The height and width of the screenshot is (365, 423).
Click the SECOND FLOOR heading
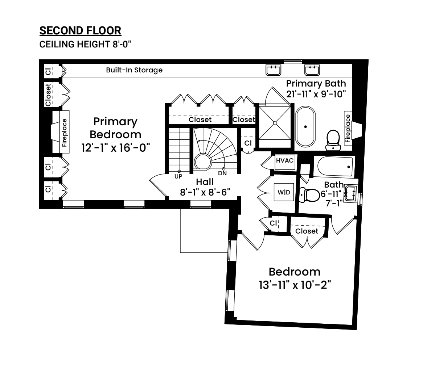click(80, 30)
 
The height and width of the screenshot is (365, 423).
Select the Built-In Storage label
click(134, 70)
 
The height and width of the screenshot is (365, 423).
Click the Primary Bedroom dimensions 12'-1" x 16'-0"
click(116, 147)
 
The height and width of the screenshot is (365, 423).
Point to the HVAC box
click(285, 162)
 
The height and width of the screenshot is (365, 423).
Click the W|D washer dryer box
click(284, 192)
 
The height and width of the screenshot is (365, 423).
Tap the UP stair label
click(178, 176)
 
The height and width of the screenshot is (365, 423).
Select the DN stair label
click(222, 173)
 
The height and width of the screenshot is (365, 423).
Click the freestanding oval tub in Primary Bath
click(305, 126)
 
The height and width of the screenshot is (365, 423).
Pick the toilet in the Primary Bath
click(333, 140)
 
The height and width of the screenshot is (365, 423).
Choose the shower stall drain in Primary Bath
click(275, 123)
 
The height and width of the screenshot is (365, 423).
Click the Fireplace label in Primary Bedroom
click(64, 133)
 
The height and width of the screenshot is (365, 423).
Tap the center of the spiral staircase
click(202, 162)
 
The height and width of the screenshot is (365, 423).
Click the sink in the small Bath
click(350, 193)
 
